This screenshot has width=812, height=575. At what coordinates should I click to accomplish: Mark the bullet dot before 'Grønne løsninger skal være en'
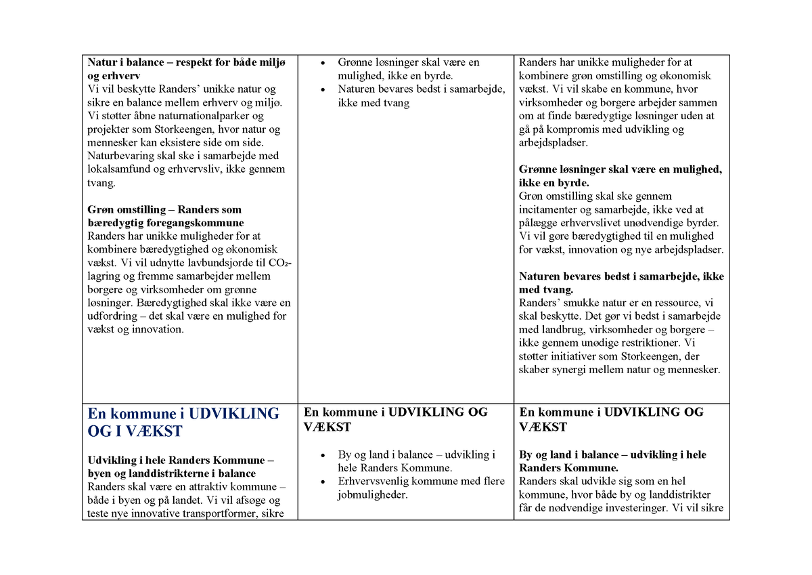[x=322, y=63]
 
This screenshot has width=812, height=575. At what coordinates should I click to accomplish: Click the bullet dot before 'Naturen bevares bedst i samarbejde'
[x=322, y=89]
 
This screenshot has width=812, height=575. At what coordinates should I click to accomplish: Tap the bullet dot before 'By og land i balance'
[x=322, y=455]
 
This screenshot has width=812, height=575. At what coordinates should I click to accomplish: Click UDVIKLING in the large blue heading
[x=233, y=414]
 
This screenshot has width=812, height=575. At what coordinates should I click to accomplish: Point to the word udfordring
[x=114, y=316]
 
